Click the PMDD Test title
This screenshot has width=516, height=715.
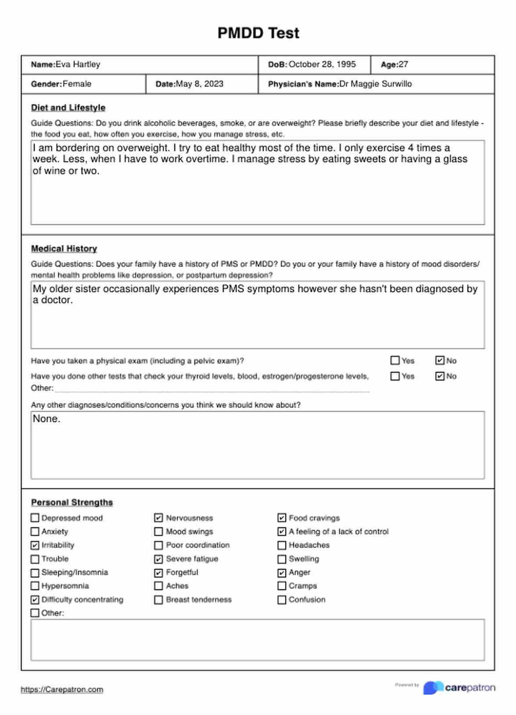click(258, 33)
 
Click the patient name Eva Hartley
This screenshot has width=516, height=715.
click(78, 64)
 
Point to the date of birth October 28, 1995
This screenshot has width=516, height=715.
click(322, 64)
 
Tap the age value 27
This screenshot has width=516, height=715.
click(403, 64)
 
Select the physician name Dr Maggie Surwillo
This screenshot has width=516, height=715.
click(375, 84)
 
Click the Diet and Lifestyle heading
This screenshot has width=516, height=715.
click(68, 107)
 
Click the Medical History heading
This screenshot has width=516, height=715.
click(64, 249)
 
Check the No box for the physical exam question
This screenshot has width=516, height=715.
click(440, 361)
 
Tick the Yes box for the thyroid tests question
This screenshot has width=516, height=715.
click(395, 376)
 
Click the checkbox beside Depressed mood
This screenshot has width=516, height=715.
click(35, 518)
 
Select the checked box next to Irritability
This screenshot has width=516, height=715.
click(35, 545)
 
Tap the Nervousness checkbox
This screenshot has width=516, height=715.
click(159, 518)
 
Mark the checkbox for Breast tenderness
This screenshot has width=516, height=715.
click(159, 600)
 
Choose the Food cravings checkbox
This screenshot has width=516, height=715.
click(282, 518)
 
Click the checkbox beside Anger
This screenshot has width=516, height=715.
click(282, 572)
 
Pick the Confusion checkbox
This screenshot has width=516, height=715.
click(282, 600)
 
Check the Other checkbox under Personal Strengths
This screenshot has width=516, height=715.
click(35, 613)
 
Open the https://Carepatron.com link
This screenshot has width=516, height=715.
click(62, 690)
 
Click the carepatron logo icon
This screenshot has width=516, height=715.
click(433, 687)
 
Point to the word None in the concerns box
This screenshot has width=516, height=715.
click(46, 419)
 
